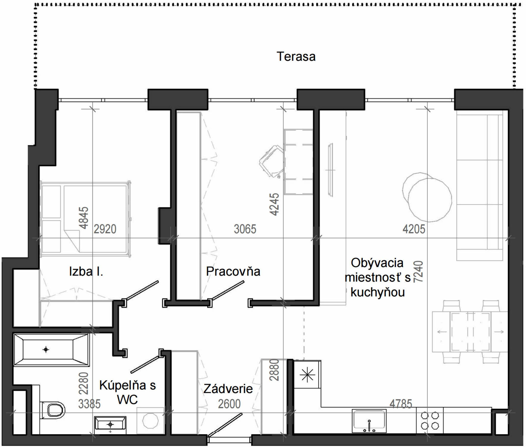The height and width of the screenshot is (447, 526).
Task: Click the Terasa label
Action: point(296,57)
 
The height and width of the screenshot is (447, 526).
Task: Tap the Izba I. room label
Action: point(86,272)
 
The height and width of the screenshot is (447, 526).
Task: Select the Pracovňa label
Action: point(233,271)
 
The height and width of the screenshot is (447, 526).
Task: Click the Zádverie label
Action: point(228,389)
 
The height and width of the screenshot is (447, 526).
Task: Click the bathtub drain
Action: point(46,350)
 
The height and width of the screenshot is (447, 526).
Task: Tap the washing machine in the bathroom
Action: point(150,421)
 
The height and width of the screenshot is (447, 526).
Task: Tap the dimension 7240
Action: point(418,271)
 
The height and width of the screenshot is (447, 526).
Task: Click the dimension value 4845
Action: point(84,218)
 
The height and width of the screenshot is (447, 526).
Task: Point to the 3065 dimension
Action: point(245,229)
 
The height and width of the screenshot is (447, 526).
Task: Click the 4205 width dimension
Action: point(414,229)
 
